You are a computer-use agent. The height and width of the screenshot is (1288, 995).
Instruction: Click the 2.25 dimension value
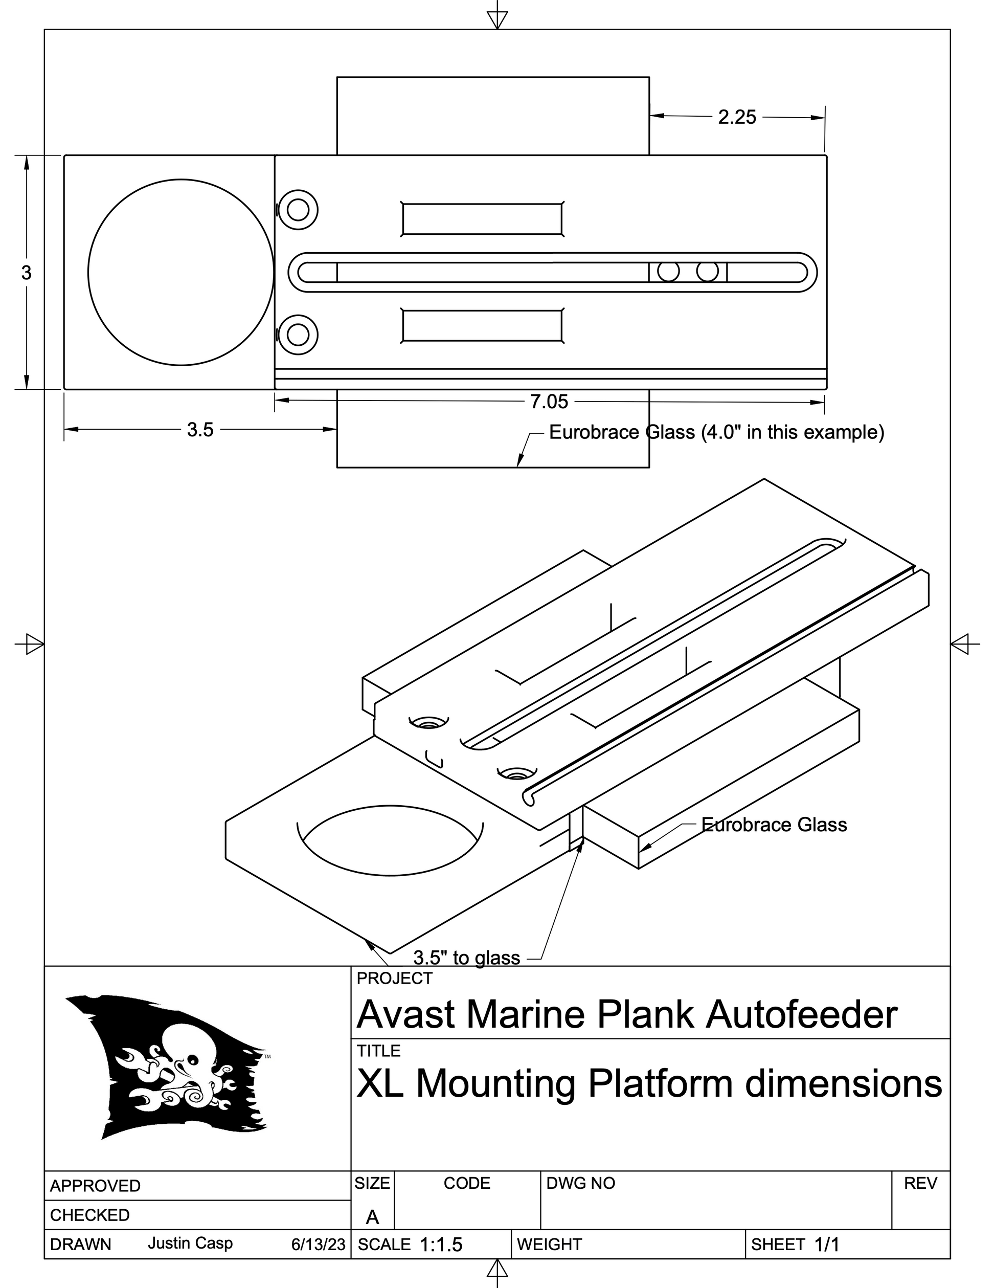click(x=736, y=117)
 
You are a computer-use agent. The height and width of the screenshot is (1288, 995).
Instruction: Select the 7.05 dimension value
click(x=549, y=402)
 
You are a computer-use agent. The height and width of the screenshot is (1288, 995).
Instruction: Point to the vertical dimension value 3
click(x=26, y=273)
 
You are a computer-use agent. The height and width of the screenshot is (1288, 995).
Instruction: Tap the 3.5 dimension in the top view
click(x=200, y=430)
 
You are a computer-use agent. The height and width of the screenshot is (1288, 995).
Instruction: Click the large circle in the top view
click(x=181, y=273)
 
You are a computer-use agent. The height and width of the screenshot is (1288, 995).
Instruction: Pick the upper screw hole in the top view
click(x=298, y=210)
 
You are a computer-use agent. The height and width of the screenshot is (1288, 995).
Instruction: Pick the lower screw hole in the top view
click(x=298, y=335)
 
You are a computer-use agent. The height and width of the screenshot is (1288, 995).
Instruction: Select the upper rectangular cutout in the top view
click(x=482, y=219)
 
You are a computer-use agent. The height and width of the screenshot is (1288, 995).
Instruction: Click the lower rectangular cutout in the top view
click(x=482, y=325)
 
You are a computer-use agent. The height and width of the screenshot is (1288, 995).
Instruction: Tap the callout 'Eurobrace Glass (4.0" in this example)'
click(x=716, y=432)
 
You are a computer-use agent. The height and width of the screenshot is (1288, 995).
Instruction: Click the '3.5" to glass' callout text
click(x=466, y=957)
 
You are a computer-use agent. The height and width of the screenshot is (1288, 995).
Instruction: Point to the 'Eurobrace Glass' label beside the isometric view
click(x=774, y=825)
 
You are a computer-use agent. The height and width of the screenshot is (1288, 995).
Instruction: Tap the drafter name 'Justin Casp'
click(x=190, y=1243)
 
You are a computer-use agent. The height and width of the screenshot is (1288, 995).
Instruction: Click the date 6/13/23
click(x=318, y=1245)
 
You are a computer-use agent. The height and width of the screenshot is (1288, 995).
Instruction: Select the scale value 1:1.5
click(x=441, y=1245)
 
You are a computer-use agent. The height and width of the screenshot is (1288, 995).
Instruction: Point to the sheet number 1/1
click(x=826, y=1245)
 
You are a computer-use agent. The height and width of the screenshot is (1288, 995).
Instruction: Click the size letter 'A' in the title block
click(x=372, y=1216)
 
